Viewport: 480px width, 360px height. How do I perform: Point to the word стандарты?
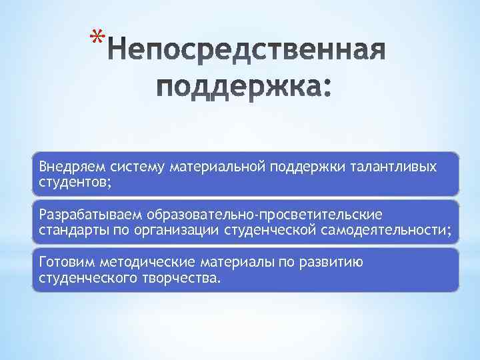click(71, 230)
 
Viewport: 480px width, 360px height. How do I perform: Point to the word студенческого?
click(85, 277)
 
